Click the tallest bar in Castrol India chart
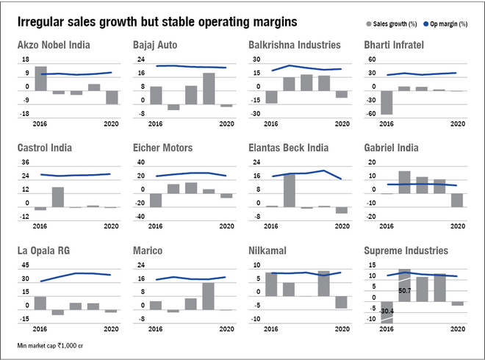57,197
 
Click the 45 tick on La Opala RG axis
25,265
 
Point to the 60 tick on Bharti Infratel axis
372,60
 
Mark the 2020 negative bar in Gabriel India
457,200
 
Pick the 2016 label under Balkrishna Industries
272,123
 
